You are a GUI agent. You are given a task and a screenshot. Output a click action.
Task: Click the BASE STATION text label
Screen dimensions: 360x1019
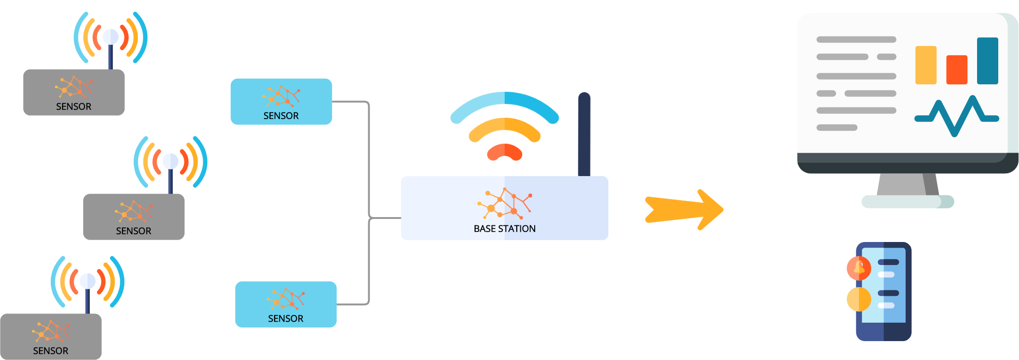(505, 229)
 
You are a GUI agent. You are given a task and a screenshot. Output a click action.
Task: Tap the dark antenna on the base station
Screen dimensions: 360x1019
(584, 134)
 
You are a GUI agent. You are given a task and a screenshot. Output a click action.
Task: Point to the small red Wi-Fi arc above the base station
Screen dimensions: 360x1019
(505, 152)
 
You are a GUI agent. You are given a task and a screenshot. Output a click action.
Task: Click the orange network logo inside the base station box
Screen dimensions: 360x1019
(505, 203)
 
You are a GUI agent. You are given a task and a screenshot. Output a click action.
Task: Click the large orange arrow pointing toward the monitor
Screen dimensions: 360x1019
(684, 209)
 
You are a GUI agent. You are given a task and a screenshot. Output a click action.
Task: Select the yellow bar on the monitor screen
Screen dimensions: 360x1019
(925, 65)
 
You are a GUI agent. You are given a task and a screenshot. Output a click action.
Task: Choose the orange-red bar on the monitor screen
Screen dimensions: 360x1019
(956, 70)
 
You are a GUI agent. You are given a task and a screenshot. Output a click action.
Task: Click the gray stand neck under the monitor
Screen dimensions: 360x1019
(907, 184)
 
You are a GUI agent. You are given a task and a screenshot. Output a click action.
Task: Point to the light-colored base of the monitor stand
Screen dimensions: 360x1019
(907, 201)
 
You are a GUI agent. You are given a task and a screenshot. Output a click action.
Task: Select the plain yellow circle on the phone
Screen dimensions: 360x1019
(859, 299)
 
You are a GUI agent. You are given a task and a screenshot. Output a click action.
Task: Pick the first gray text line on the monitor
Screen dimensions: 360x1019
(856, 40)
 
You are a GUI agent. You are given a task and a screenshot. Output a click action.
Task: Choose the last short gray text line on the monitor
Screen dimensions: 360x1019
(836, 128)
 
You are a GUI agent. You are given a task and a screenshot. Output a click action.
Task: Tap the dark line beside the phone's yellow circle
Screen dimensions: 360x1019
(888, 293)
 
